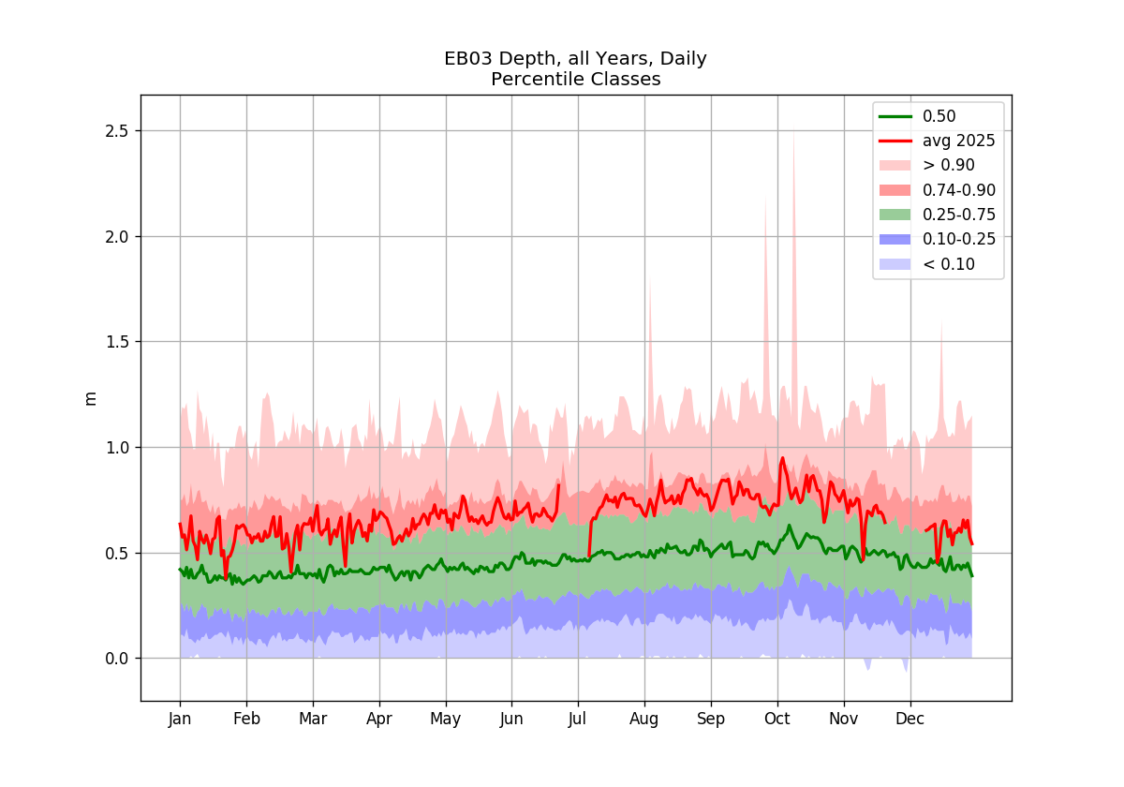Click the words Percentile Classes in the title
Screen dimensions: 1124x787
575,80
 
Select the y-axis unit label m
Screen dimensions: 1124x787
90,398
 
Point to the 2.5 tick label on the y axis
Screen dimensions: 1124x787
116,131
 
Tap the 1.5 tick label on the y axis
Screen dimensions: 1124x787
116,342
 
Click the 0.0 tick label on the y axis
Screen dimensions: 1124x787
116,659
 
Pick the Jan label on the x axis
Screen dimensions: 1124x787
180,719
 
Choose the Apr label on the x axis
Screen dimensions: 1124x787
378,720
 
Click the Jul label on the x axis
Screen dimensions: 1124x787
578,719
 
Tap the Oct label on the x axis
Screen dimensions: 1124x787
776,719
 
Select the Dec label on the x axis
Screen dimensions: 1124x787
910,719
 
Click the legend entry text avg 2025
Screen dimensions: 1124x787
958,141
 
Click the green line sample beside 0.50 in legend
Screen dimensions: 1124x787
895,116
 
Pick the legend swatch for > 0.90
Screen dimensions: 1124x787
895,165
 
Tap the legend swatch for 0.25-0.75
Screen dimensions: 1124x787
895,215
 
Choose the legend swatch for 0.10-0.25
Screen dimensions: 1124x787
895,240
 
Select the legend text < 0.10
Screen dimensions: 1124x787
949,264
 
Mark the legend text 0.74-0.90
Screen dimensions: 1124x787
959,190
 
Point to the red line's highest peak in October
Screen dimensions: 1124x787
782,458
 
